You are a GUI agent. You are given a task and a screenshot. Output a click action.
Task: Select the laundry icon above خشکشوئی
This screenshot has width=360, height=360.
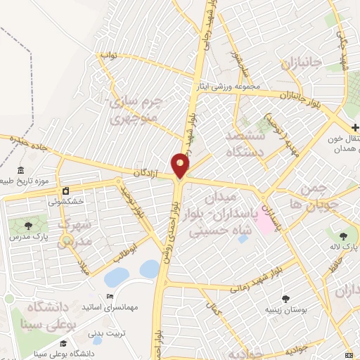65,191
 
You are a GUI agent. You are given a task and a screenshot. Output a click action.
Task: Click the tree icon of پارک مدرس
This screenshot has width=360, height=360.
27,226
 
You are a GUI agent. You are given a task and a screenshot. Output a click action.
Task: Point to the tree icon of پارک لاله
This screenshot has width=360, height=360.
343,236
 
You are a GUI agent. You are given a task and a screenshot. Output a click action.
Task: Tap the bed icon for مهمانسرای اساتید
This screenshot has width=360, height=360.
108,296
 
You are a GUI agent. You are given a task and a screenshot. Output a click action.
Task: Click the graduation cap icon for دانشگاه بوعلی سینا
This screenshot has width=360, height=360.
63,343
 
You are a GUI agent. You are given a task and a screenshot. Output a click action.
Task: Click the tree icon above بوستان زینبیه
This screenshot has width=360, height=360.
285,298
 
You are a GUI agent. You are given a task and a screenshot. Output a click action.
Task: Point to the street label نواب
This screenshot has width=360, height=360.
108,54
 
